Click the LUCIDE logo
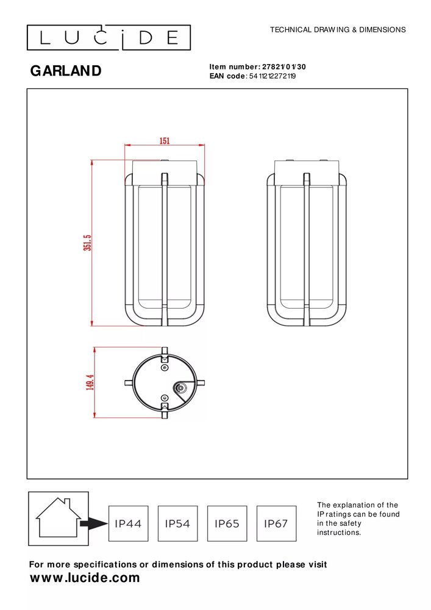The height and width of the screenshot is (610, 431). pos(109,38)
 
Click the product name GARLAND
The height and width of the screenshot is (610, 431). pos(66,71)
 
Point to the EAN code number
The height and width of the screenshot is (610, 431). pos(272,76)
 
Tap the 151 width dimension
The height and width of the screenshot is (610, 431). pos(165,141)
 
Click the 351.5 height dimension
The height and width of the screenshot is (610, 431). pos(87,243)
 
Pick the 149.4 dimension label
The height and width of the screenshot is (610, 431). pos(90,382)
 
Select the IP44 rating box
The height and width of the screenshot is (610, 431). pos(128,523)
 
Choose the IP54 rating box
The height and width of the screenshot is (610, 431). pos(177,523)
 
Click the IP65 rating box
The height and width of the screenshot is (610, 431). pos(227,523)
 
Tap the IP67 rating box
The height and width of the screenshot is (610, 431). pos(276,523)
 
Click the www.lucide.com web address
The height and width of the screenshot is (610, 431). pos(85,578)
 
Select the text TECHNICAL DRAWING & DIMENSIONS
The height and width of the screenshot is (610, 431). pos(337,29)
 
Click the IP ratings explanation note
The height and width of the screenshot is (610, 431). pos(358,518)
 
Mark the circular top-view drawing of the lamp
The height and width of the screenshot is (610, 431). pos(164,382)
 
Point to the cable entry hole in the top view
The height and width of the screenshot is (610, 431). pos(180,387)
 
